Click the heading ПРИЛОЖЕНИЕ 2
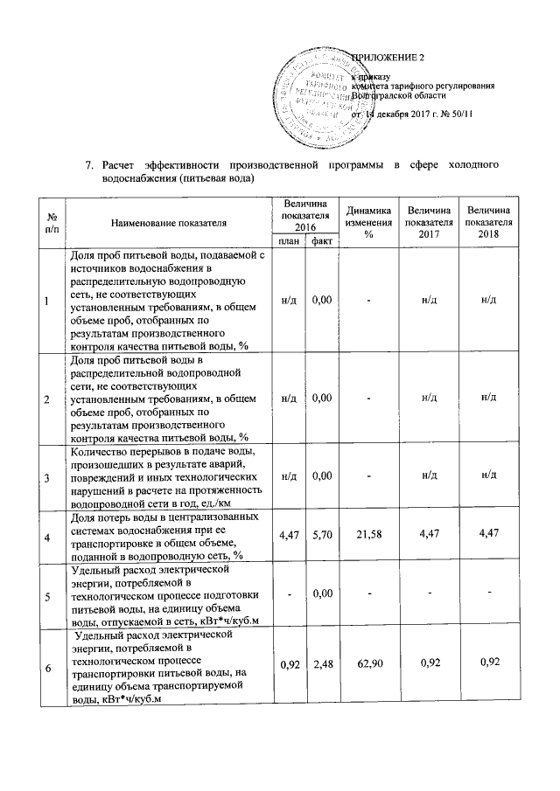click(x=388, y=59)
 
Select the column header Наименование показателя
click(x=169, y=223)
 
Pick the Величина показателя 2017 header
click(x=429, y=223)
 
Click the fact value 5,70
click(x=321, y=532)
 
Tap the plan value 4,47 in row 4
click(x=288, y=532)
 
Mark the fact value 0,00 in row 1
click(x=321, y=300)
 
